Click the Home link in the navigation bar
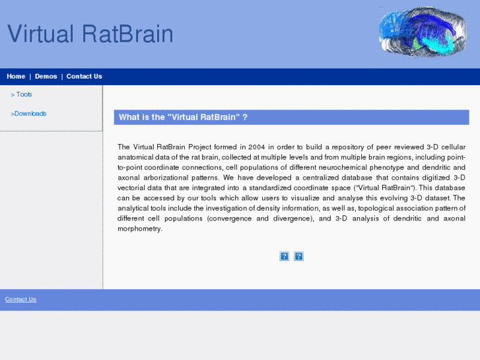[x=16, y=77]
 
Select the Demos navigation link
[x=46, y=77]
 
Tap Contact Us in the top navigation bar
[x=84, y=77]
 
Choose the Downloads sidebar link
[x=30, y=114]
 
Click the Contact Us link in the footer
[x=20, y=299]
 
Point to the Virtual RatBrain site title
[x=90, y=34]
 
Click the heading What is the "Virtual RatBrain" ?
[x=183, y=118]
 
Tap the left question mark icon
[x=284, y=256]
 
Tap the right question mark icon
[x=298, y=256]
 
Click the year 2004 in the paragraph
[x=257, y=147]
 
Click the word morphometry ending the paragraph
[x=139, y=229]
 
